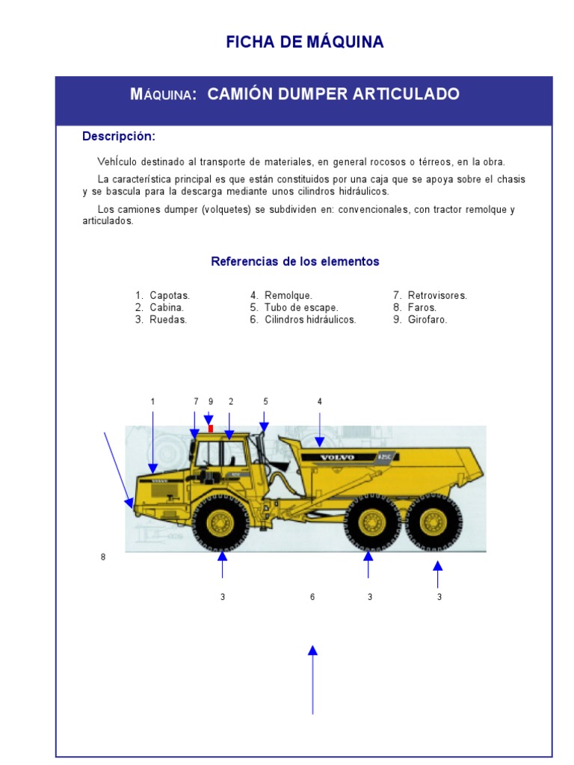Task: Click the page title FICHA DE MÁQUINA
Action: click(305, 43)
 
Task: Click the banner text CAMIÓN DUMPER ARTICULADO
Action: click(333, 94)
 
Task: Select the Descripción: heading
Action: click(119, 137)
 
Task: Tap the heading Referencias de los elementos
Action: click(295, 261)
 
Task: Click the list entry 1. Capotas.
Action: click(162, 295)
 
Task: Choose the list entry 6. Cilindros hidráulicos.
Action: click(303, 319)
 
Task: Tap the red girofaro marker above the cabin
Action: click(211, 429)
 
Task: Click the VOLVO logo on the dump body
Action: click(339, 457)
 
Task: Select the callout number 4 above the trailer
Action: click(319, 402)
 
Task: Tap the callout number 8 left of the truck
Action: click(103, 557)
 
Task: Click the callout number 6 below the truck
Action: click(312, 597)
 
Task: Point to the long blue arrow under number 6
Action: click(312, 680)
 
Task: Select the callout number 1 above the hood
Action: click(152, 402)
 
